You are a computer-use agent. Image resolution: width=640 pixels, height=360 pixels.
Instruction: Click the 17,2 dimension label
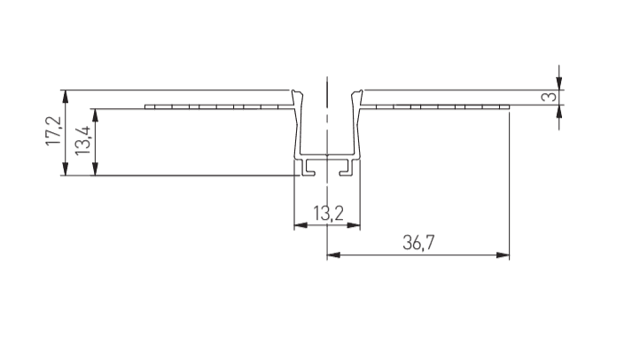pyautogui.click(x=53, y=131)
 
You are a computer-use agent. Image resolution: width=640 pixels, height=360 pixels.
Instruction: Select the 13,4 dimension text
pyautogui.click(x=82, y=140)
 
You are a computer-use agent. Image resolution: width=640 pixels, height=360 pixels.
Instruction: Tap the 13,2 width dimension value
pyautogui.click(x=328, y=213)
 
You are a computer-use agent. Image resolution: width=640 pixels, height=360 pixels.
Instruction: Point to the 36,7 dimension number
pyautogui.click(x=418, y=242)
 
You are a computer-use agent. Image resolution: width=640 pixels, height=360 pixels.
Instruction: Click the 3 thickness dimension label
pyautogui.click(x=549, y=97)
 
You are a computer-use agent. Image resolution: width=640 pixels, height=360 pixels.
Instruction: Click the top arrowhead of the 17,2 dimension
pyautogui.click(x=65, y=97)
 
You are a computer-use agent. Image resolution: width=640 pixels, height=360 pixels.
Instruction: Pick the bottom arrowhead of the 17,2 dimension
pyautogui.click(x=65, y=168)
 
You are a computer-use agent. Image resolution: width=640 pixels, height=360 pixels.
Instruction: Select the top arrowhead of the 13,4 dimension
pyautogui.click(x=95, y=115)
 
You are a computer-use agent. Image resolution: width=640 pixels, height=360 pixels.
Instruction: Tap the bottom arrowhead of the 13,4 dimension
pyautogui.click(x=95, y=168)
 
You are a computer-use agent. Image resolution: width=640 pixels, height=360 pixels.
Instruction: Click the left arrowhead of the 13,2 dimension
pyautogui.click(x=300, y=225)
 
